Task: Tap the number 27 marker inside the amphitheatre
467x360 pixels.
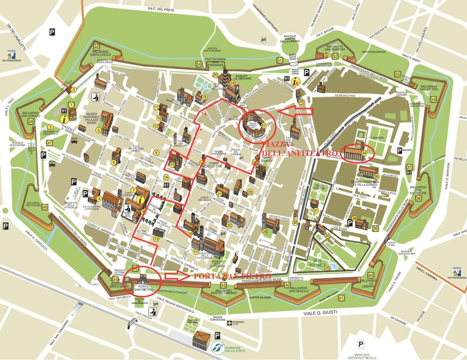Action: click(264, 126)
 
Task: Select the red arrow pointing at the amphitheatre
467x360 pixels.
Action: click(296, 111)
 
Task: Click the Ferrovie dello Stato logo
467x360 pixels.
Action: click(216, 346)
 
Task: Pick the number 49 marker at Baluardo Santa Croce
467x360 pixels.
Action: click(96, 47)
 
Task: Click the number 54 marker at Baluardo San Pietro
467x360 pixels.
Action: click(434, 99)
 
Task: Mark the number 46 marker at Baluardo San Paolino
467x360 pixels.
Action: click(44, 207)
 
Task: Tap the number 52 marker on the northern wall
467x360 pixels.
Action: click(335, 56)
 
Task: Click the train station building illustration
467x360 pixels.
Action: click(201, 338)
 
